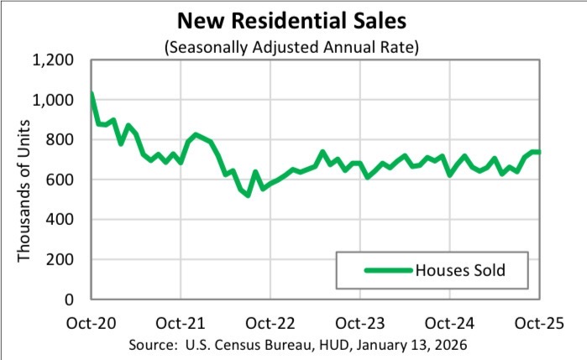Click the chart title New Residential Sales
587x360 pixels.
[293, 18]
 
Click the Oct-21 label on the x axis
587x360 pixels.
[181, 322]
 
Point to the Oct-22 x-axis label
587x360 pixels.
[270, 322]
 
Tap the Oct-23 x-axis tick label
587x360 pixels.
[360, 322]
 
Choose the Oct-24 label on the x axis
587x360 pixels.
[450, 322]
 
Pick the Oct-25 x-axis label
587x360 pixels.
[539, 322]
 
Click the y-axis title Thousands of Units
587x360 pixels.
[25, 180]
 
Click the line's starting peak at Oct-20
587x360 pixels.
[92, 93]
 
